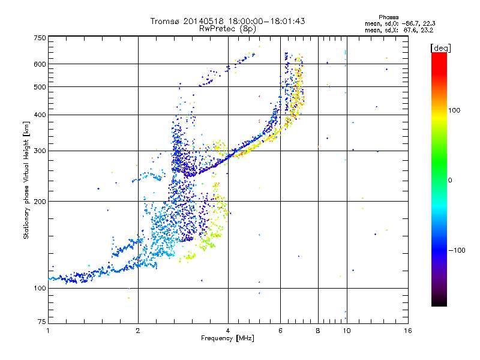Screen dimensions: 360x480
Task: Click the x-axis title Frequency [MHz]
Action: (x=227, y=338)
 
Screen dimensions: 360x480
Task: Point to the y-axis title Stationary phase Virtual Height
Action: (x=26, y=180)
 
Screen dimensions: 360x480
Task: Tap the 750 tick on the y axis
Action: (x=40, y=38)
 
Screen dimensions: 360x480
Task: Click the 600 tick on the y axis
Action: (x=40, y=64)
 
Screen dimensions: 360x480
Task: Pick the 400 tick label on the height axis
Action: (x=40, y=115)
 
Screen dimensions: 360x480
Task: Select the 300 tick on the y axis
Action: (x=40, y=151)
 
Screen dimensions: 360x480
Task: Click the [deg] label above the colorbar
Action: (x=441, y=47)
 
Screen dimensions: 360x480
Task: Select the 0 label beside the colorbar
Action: (x=451, y=180)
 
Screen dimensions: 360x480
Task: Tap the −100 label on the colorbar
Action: (x=457, y=250)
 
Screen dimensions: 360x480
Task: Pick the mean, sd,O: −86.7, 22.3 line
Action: (x=399, y=23)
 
